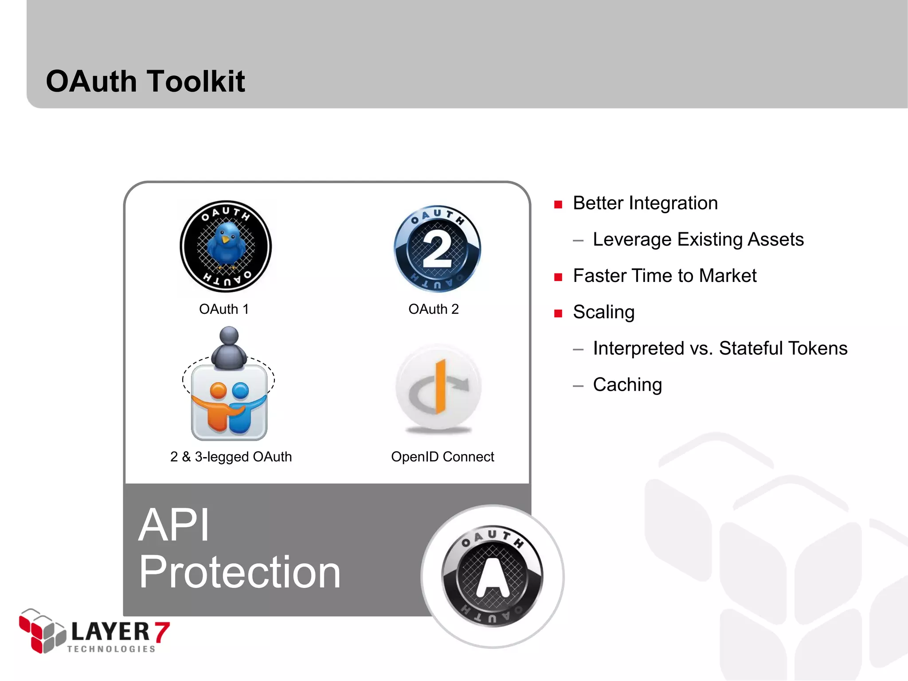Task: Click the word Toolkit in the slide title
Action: (x=196, y=82)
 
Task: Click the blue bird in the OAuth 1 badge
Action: (x=226, y=244)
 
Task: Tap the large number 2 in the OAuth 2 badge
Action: (x=437, y=250)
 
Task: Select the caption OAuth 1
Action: (x=224, y=309)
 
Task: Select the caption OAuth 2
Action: (x=433, y=309)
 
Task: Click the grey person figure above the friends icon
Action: (x=229, y=348)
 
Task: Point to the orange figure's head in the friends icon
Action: (x=218, y=391)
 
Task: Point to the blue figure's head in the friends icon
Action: (x=240, y=391)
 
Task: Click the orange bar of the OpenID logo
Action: (x=440, y=386)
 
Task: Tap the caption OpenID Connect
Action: (x=442, y=457)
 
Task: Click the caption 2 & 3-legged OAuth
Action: (x=231, y=457)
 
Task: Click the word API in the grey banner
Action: (x=174, y=525)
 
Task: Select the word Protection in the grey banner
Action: (x=239, y=572)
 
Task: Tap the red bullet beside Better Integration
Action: (x=558, y=204)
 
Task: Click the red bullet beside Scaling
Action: (x=558, y=313)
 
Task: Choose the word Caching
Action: (x=627, y=384)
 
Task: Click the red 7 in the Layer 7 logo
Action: (x=161, y=632)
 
